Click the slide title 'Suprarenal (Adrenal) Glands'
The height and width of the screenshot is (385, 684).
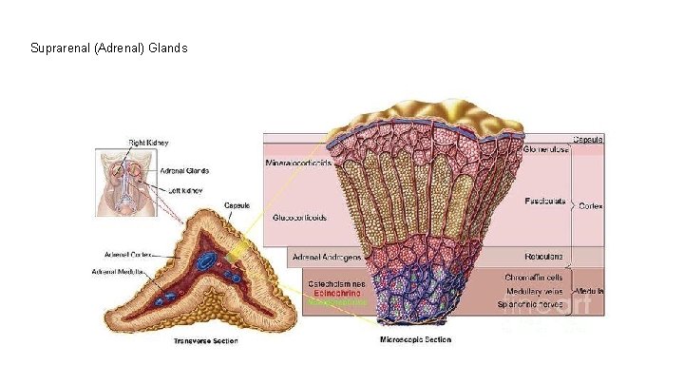pyautogui.click(x=109, y=48)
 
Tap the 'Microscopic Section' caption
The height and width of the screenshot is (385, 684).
pyautogui.click(x=415, y=339)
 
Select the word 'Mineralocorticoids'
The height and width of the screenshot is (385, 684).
pyautogui.click(x=298, y=163)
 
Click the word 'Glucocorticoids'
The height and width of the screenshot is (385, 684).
pyautogui.click(x=300, y=217)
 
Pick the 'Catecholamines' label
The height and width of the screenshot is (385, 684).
pyautogui.click(x=336, y=283)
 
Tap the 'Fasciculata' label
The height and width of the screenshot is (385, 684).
pyautogui.click(x=545, y=202)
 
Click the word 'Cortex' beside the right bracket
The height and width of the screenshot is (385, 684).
pyautogui.click(x=590, y=205)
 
